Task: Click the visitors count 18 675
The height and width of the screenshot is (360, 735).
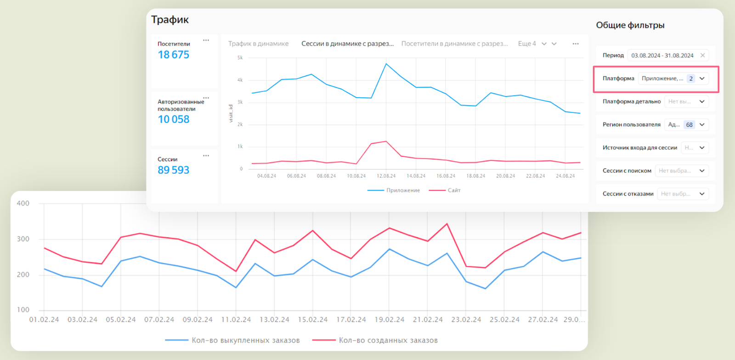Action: point(173,55)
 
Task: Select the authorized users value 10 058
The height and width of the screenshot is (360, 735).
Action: point(173,119)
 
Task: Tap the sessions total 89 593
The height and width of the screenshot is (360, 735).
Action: point(173,170)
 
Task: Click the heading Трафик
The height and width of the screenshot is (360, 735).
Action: point(170,20)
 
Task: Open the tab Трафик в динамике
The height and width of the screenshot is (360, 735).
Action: point(258,44)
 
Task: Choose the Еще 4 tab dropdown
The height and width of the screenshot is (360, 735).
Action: point(531,44)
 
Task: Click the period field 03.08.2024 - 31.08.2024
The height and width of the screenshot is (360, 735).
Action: point(662,56)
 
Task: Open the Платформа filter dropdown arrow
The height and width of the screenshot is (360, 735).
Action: point(702,79)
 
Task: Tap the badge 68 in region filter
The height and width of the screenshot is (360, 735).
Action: point(689,125)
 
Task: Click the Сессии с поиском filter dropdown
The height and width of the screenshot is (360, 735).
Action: point(682,171)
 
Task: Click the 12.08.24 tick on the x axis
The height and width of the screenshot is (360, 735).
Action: point(386,176)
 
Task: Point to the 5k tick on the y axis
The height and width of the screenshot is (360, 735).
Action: point(240,58)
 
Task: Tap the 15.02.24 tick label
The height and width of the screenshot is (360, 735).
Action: point(313,320)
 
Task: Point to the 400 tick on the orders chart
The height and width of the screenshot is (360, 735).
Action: point(23,203)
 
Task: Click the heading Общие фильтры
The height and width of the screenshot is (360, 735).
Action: point(630,25)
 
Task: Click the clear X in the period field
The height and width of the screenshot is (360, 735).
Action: point(702,56)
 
